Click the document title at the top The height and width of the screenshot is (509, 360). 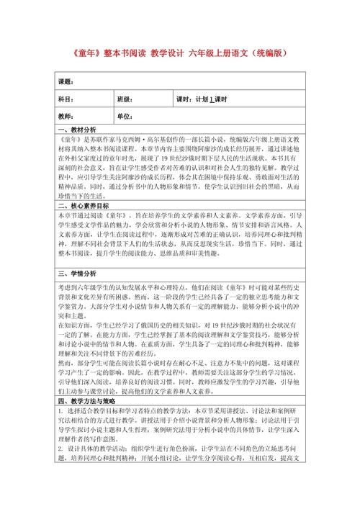click(180, 53)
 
